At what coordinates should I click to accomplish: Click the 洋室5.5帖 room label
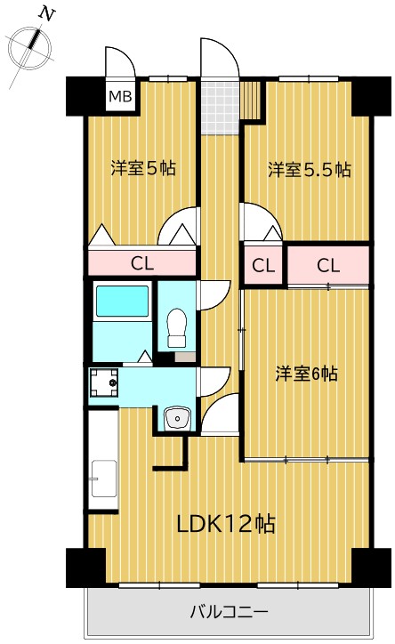[x=309, y=169]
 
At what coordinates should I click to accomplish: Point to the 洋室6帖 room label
[x=305, y=374]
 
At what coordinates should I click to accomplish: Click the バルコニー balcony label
[x=229, y=612]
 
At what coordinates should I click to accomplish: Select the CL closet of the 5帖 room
[x=141, y=262]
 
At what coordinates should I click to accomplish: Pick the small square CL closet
[x=262, y=265]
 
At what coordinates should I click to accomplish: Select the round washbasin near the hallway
[x=177, y=417]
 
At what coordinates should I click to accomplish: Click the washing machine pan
[x=104, y=383]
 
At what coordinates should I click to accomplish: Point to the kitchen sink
[x=104, y=480]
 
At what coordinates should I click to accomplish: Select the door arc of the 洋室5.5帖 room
[x=254, y=218]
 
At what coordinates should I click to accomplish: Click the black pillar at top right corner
[x=363, y=95]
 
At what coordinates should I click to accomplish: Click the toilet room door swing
[x=212, y=294]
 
